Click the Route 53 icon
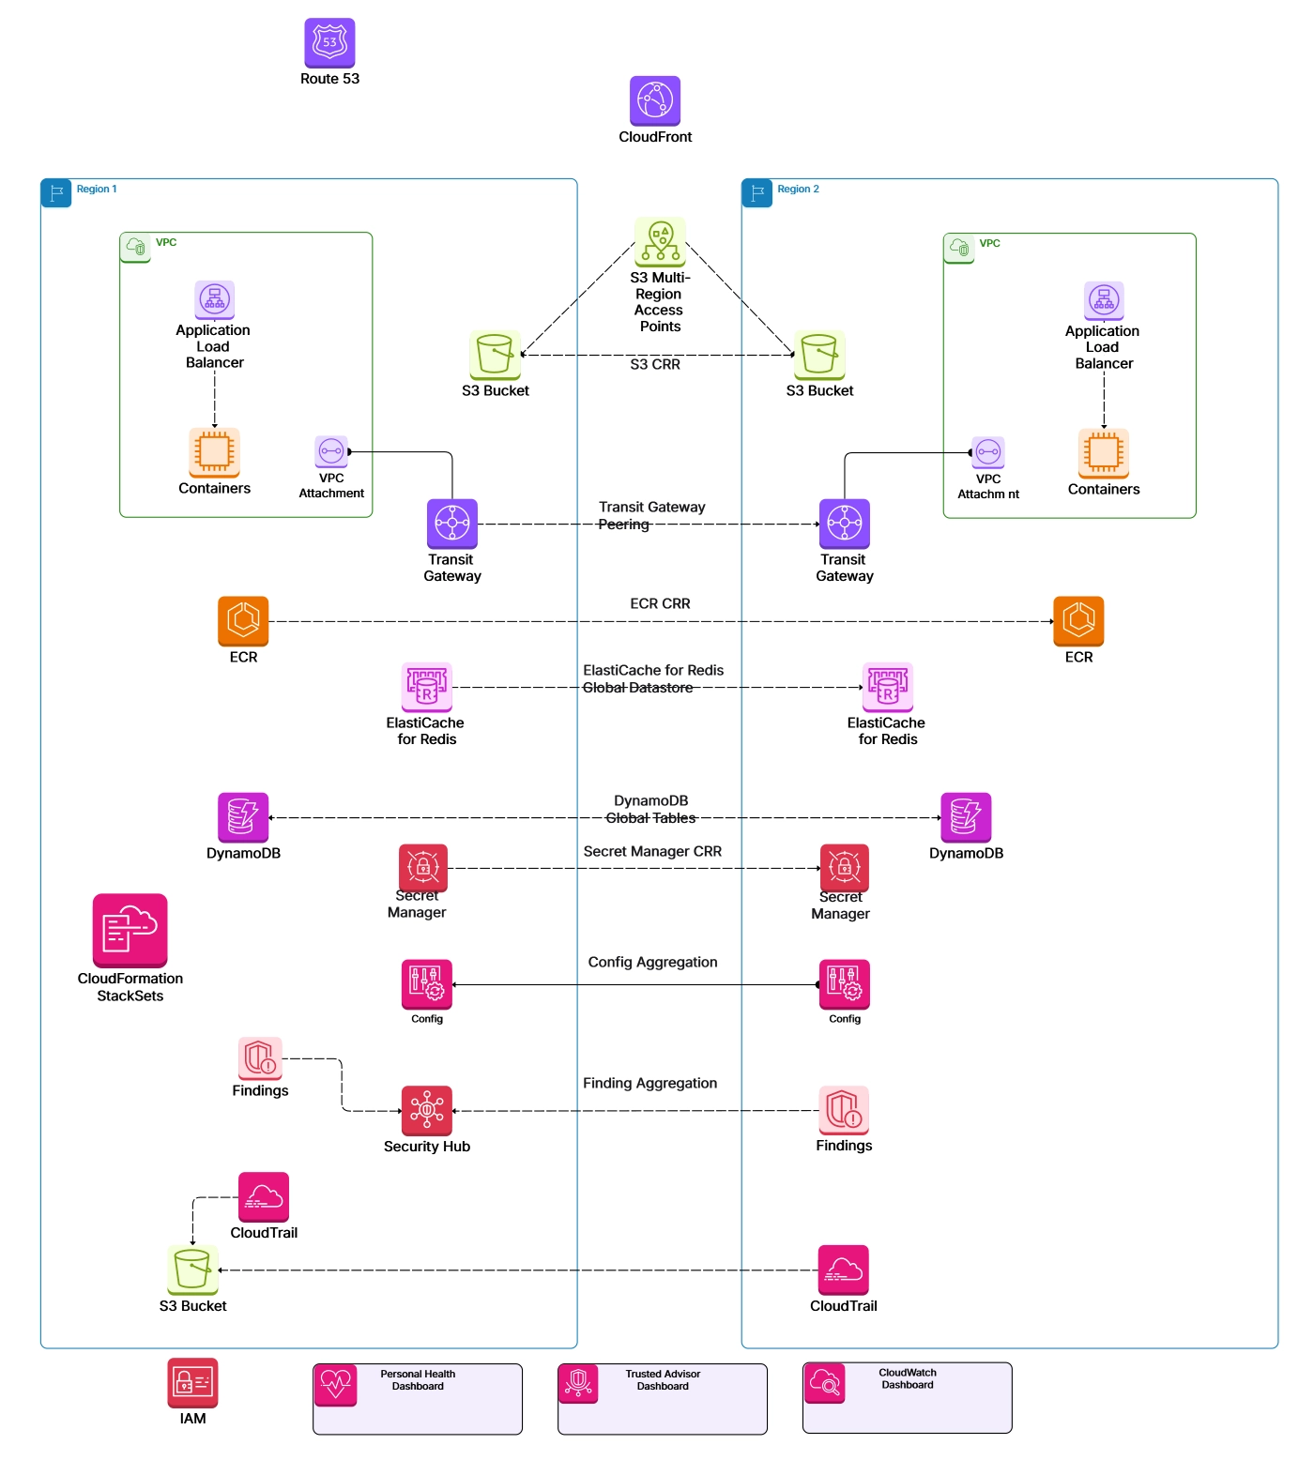click(x=329, y=42)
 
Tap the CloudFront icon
click(x=654, y=100)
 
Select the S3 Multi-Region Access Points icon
click(x=660, y=242)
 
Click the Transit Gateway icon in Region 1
click(x=452, y=524)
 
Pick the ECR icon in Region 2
click(x=1078, y=621)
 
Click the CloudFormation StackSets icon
click(x=130, y=930)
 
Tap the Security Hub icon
click(x=427, y=1111)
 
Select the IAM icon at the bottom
click(x=192, y=1383)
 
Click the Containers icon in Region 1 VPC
click(x=215, y=452)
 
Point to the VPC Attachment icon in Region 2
click(x=988, y=453)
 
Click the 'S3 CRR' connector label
click(x=655, y=364)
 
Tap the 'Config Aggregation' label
click(x=652, y=962)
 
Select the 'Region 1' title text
click(x=97, y=189)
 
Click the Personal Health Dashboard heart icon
click(x=336, y=1385)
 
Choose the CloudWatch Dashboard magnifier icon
click(x=825, y=1383)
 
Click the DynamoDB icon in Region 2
click(x=966, y=817)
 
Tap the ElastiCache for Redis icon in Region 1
click(x=427, y=687)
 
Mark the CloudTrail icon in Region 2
click(x=843, y=1270)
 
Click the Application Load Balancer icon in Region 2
click(x=1104, y=301)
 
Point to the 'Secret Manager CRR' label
click(x=652, y=851)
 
